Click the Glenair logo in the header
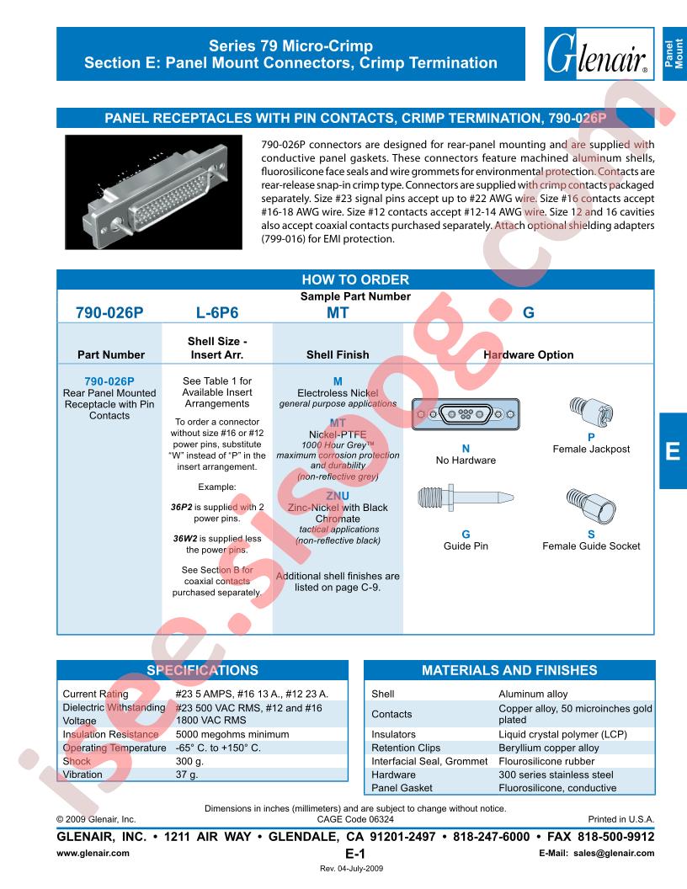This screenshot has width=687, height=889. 599,52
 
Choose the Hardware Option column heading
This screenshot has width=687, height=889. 528,355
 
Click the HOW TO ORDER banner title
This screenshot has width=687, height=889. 354,280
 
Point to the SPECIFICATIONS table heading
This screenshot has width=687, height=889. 202,671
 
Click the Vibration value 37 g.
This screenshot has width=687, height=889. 187,775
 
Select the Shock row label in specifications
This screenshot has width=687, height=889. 77,761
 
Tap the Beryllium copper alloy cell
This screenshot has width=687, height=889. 548,748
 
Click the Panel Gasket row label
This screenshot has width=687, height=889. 402,788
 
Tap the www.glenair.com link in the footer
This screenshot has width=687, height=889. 93,853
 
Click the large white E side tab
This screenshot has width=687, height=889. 672,451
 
